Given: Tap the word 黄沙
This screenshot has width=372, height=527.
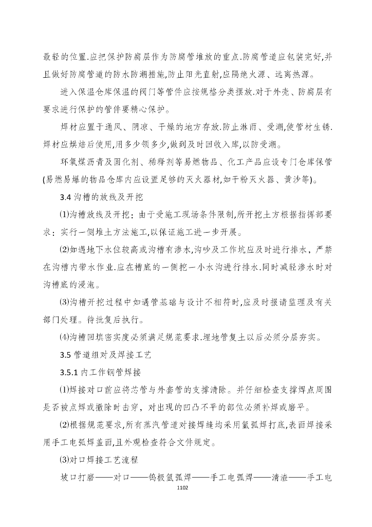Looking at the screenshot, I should [x=301, y=180].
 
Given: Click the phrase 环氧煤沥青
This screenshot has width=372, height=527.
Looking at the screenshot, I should [x=81, y=163].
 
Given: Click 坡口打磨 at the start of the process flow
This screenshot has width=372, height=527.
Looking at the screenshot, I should [x=78, y=477].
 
